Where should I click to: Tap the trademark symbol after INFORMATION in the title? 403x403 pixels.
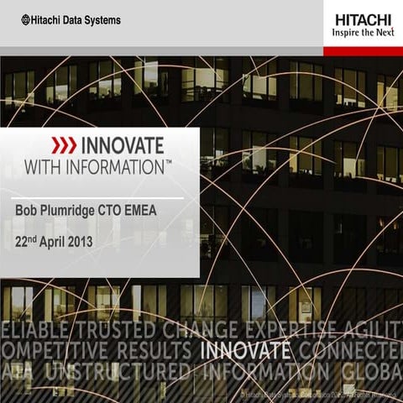tap(168, 159)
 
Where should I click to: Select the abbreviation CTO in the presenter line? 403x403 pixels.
tap(124, 210)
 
